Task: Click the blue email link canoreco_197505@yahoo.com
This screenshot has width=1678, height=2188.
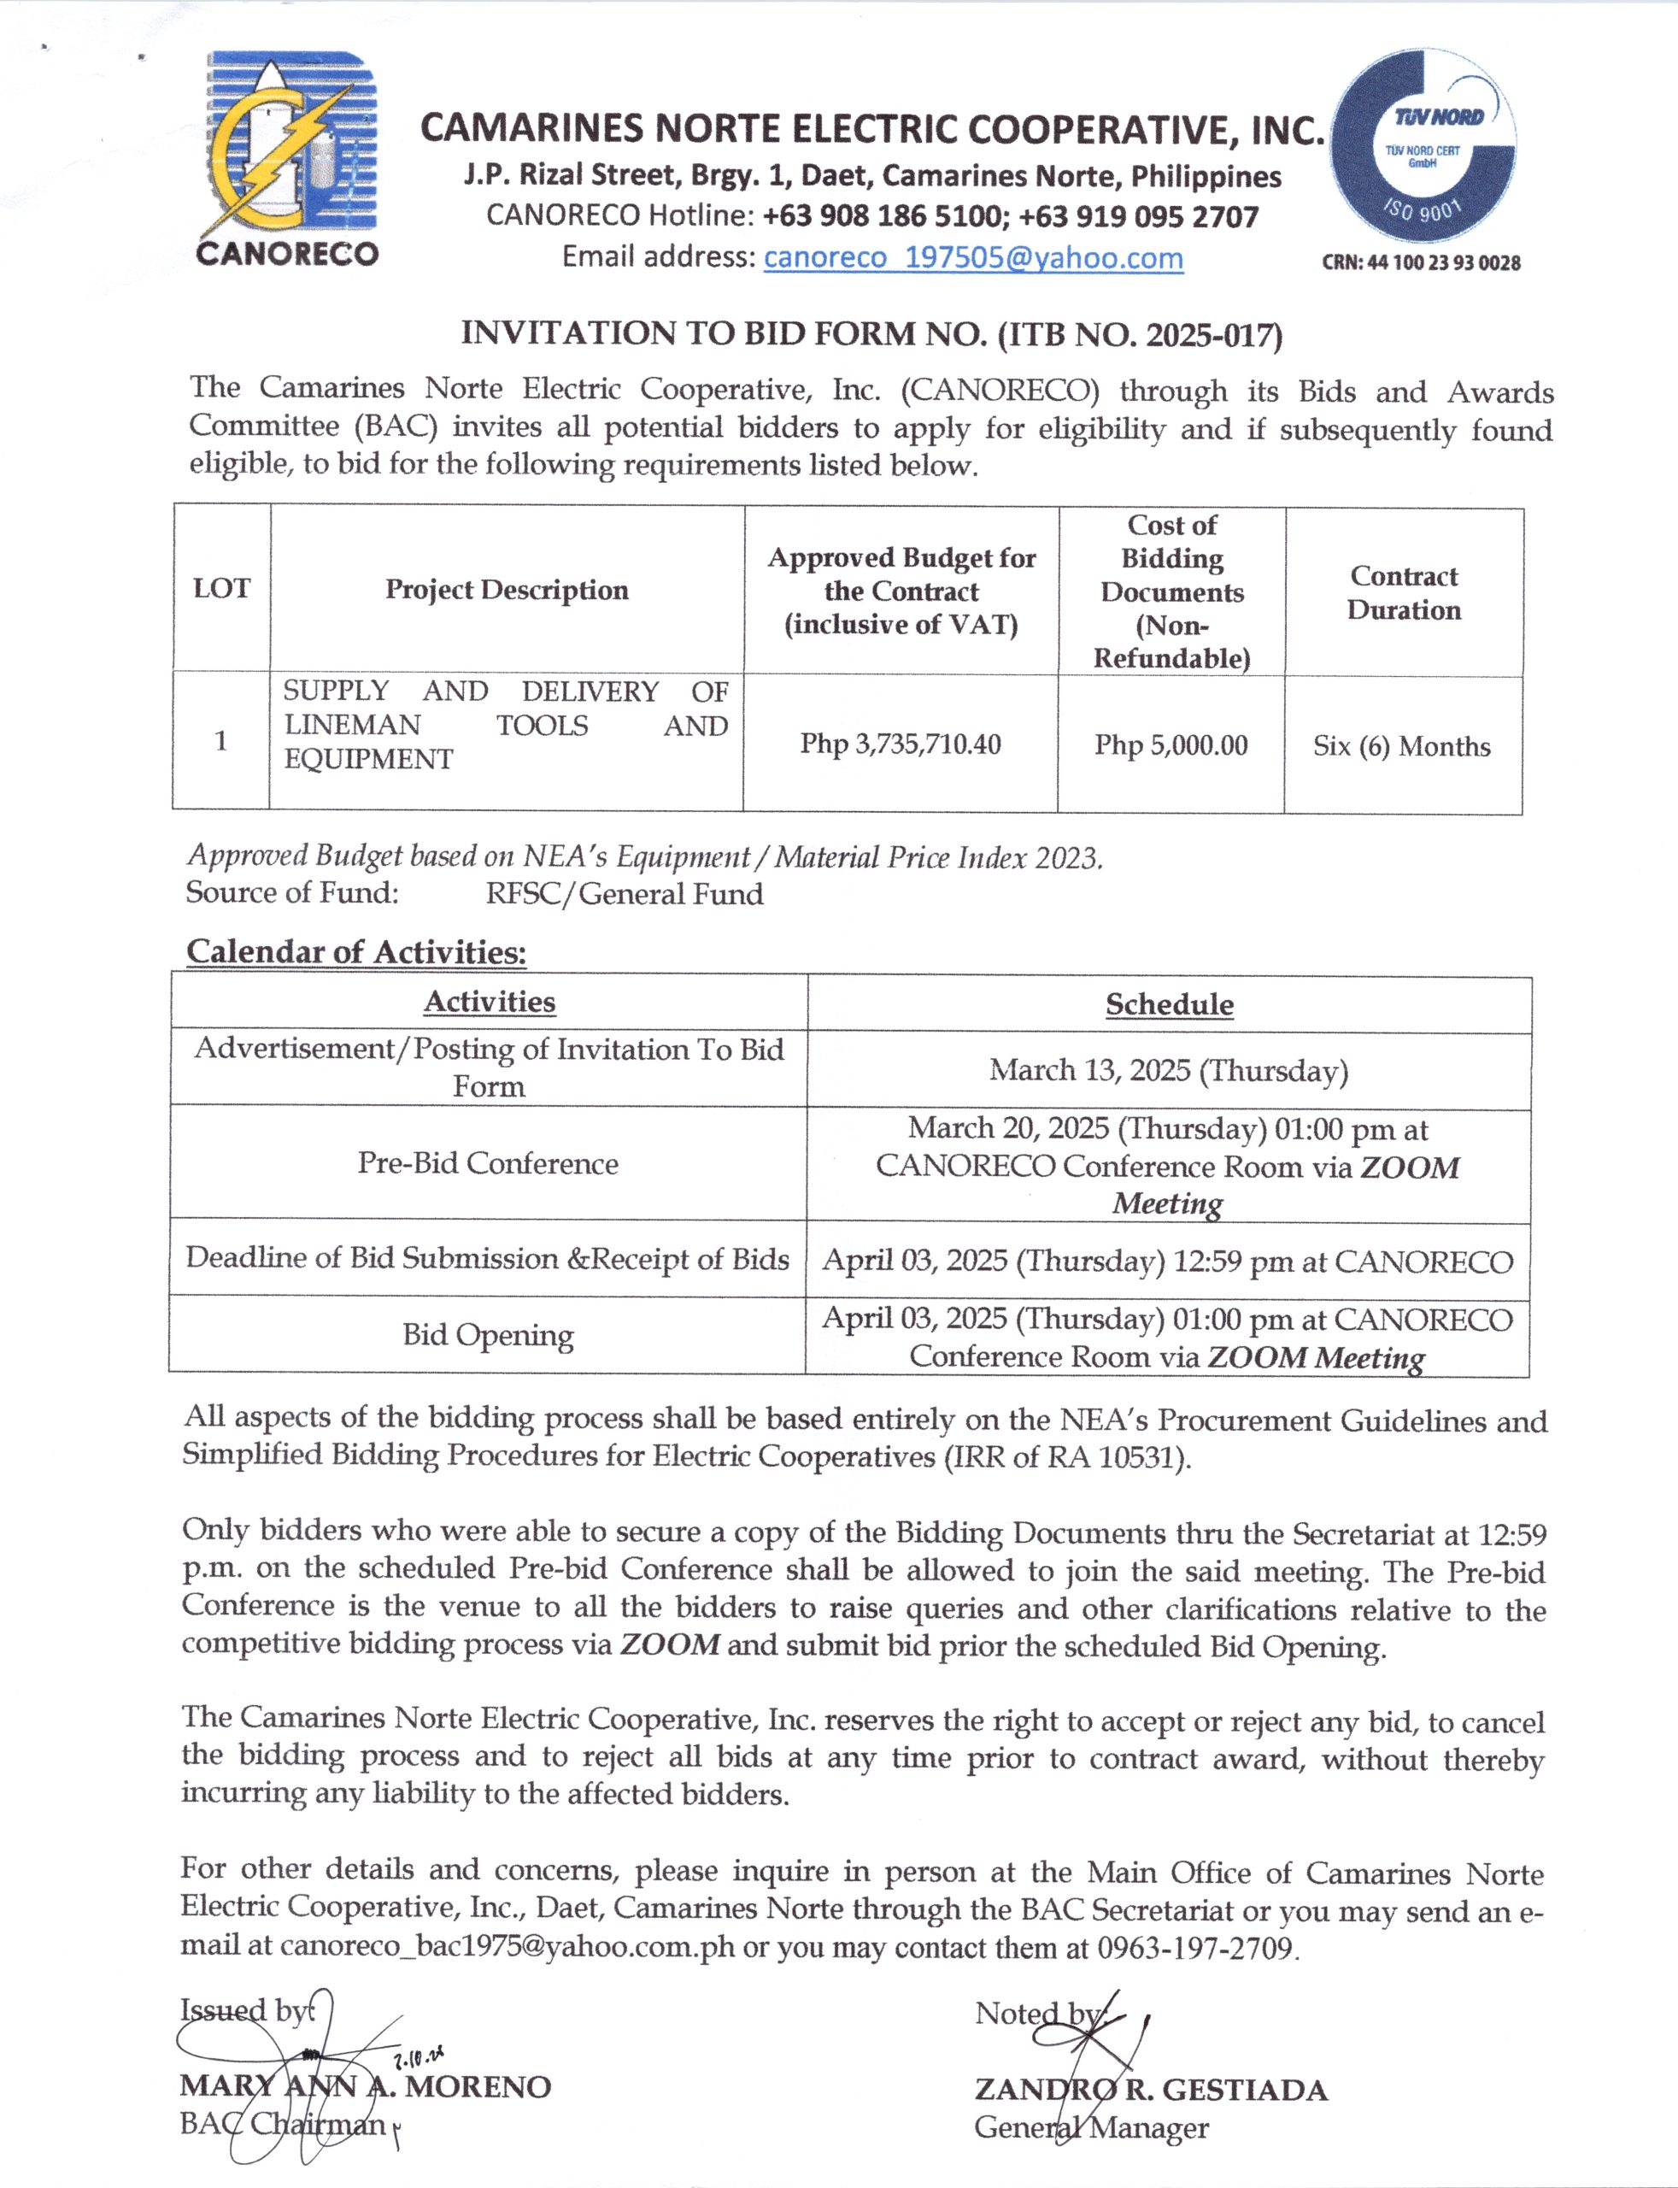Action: [973, 258]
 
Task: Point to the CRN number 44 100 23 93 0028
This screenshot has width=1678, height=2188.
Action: [1422, 262]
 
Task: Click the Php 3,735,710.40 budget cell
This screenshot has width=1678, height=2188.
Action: [900, 744]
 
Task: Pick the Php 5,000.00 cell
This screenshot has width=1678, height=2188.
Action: [1170, 745]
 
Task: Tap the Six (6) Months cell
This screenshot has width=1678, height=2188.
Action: [1401, 746]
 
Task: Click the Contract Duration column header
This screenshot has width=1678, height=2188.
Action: [1404, 592]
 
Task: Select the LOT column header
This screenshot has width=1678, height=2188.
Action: [222, 589]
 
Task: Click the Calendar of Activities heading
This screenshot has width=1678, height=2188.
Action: [356, 951]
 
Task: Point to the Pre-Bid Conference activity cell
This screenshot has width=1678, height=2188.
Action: [489, 1164]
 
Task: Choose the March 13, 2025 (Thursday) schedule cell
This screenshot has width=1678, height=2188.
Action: [1169, 1071]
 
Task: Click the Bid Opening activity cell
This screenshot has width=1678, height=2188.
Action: [489, 1335]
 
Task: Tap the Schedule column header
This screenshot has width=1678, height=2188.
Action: [1169, 1004]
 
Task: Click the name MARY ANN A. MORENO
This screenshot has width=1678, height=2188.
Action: [366, 2086]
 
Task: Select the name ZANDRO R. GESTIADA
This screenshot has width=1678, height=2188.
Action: [1151, 2089]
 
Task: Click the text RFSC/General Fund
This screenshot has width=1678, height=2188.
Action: [625, 894]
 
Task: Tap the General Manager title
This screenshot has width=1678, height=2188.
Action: [1092, 2128]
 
